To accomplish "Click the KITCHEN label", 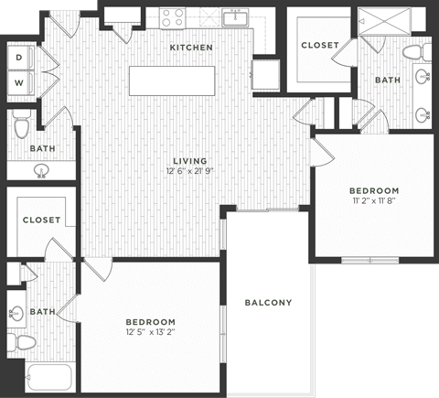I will [x=191, y=47].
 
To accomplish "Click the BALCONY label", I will [x=268, y=303].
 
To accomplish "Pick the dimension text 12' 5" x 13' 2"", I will [x=150, y=333].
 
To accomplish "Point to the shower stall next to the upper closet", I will [x=378, y=21].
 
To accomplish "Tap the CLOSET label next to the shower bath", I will [x=318, y=45].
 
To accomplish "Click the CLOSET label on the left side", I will [x=41, y=221].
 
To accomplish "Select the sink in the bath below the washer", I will [x=41, y=170].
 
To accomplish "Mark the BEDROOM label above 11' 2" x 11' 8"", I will [x=375, y=188].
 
